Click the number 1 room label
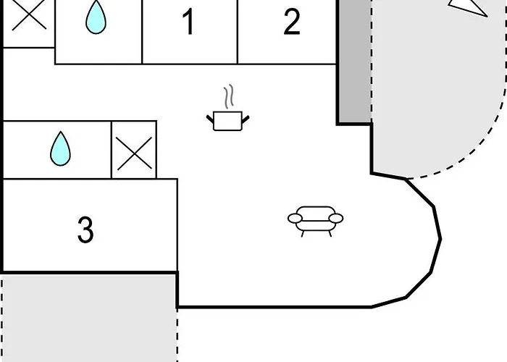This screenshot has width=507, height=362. [x=188, y=22]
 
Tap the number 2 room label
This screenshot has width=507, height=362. [x=291, y=22]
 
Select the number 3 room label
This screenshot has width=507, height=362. [x=85, y=230]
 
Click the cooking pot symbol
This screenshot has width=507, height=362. [x=229, y=120]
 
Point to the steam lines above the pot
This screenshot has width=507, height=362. [x=229, y=96]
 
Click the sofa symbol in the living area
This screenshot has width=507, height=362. [x=316, y=219]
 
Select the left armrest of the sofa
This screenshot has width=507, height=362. [x=295, y=217]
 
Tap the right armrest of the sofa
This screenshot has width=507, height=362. [x=336, y=217]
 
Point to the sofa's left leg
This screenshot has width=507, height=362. [x=302, y=232]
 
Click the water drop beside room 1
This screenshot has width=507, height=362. [x=95, y=17]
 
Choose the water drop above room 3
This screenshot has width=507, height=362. [x=61, y=148]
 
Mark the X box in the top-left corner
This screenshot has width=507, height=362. [x=28, y=16]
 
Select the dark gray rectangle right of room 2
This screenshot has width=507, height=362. [x=353, y=62]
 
